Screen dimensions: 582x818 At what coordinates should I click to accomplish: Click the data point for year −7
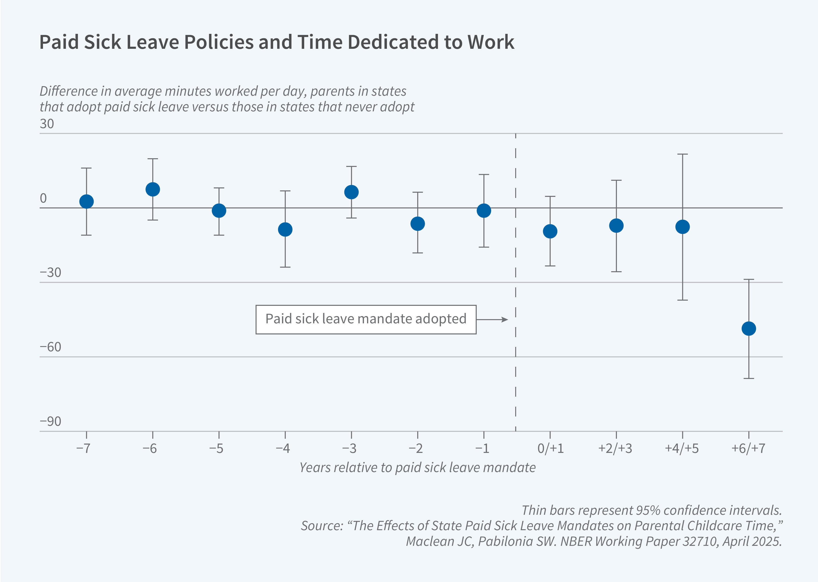pyautogui.click(x=86, y=202)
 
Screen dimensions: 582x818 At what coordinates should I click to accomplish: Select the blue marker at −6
pyautogui.click(x=153, y=189)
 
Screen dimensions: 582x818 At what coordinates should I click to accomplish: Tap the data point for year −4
pyautogui.click(x=285, y=229)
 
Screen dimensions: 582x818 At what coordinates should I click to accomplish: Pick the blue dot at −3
pyautogui.click(x=351, y=192)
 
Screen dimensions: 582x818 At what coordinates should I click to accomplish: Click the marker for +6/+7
pyautogui.click(x=749, y=328)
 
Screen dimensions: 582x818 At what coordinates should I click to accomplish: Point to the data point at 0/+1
pyautogui.click(x=550, y=231)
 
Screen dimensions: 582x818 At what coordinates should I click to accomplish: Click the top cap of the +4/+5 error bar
pyautogui.click(x=682, y=154)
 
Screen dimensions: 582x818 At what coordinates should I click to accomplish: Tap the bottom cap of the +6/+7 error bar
pyautogui.click(x=749, y=378)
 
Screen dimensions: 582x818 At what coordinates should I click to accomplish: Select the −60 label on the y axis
pyautogui.click(x=50, y=347)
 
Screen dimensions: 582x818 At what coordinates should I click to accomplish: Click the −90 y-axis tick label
pyautogui.click(x=50, y=421)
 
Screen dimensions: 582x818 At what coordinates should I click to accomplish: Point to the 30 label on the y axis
pyautogui.click(x=47, y=124)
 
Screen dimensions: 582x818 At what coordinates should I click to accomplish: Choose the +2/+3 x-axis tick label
pyautogui.click(x=615, y=448)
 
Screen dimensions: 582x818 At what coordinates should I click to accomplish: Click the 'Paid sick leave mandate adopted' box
pyautogui.click(x=366, y=319)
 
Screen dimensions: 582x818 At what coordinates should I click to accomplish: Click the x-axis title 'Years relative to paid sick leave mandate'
pyautogui.click(x=418, y=468)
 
